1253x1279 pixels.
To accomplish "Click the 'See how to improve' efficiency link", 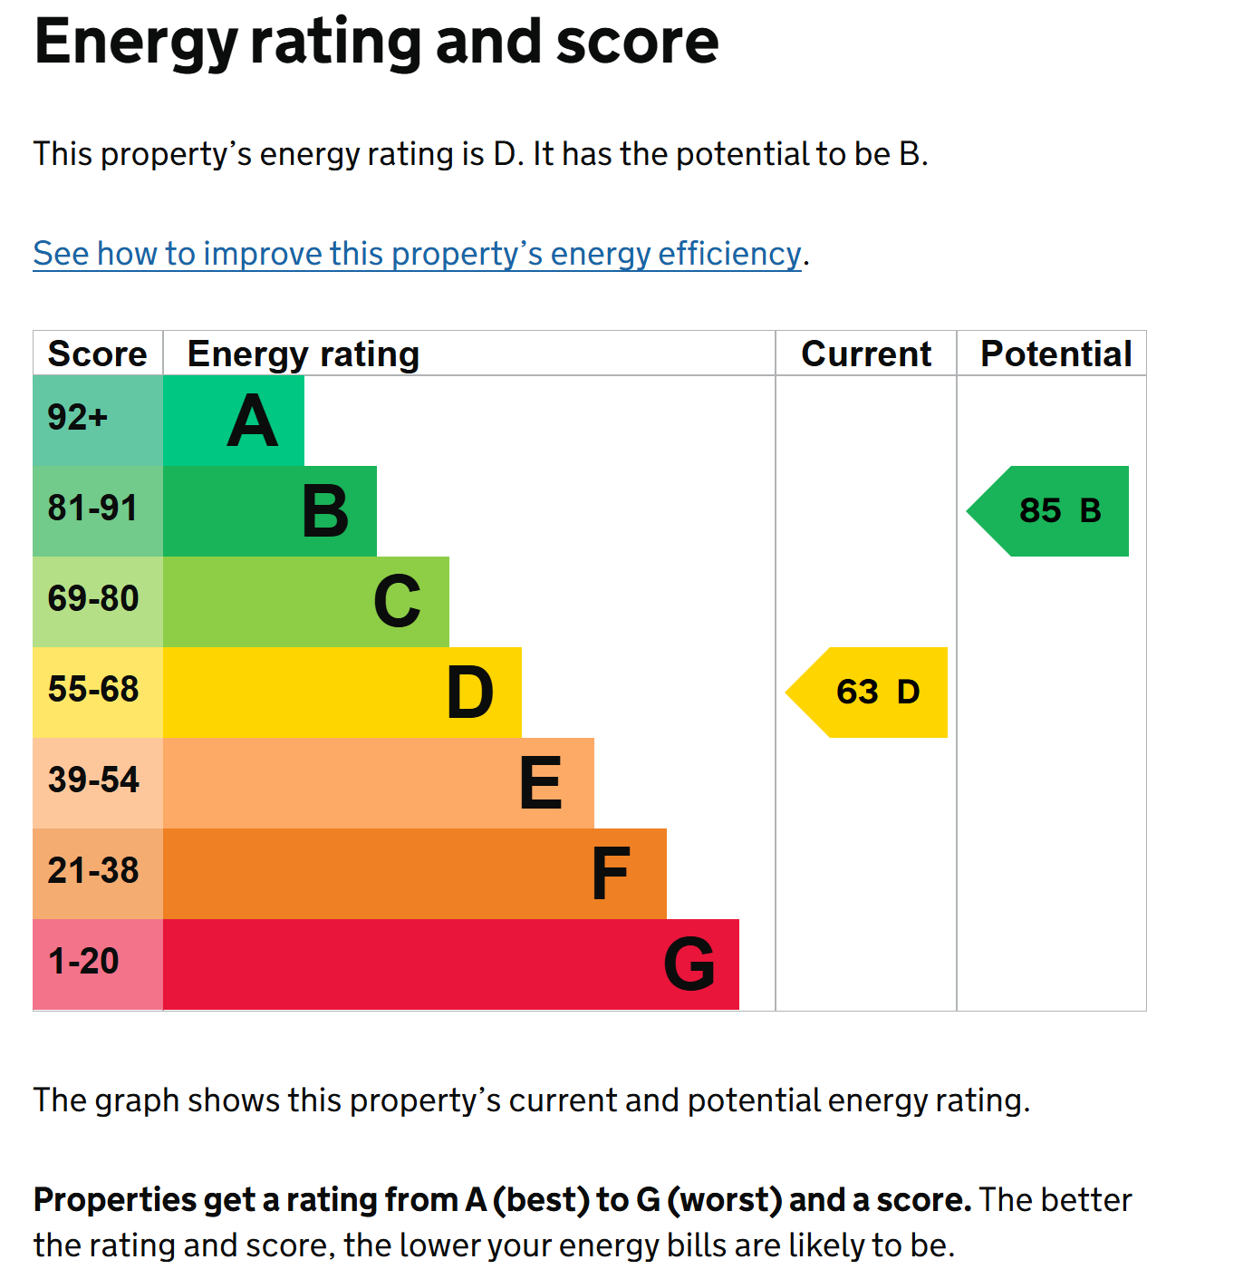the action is [417, 254].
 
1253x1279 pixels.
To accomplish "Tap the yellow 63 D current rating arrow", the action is [866, 693].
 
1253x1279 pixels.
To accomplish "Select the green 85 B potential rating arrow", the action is [1047, 511].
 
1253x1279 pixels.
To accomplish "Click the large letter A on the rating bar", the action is [252, 421].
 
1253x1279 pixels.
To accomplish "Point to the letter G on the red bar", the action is [689, 964].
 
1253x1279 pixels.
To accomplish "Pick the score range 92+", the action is [77, 418].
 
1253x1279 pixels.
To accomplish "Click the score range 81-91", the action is [92, 509].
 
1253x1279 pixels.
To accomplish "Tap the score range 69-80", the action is [93, 598].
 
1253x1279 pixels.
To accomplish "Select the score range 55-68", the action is [93, 690].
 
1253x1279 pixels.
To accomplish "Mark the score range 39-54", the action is [93, 780].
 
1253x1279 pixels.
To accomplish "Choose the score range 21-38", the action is [93, 871].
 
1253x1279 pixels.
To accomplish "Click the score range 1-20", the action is [83, 961].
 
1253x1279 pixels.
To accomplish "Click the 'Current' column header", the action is [866, 354].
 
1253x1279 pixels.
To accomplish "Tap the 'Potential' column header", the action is [1055, 354].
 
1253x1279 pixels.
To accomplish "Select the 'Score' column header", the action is [98, 354].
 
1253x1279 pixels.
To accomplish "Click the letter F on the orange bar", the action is [610, 873].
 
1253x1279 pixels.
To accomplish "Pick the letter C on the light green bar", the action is [397, 601].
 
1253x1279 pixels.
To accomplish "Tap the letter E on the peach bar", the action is [541, 782].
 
